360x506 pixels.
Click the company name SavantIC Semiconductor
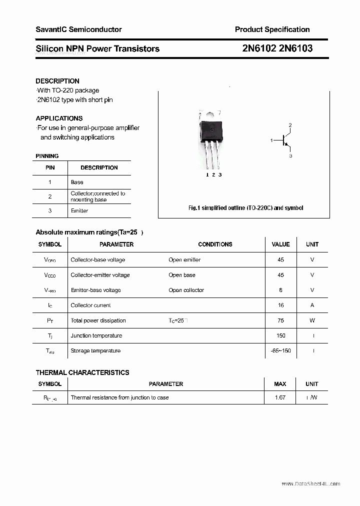(78, 29)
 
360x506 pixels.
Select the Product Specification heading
(272, 29)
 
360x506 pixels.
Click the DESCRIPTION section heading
(57, 81)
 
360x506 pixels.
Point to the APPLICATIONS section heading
(59, 118)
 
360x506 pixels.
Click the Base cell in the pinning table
(77, 182)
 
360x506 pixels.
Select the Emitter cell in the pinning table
(79, 211)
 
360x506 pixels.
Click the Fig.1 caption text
(245, 208)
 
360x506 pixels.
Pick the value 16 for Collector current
(280, 305)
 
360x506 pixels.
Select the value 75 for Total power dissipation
(280, 320)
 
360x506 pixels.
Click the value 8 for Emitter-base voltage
(280, 290)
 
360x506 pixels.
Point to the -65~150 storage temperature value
(280, 351)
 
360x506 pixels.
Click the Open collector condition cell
(186, 290)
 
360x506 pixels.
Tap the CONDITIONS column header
(215, 244)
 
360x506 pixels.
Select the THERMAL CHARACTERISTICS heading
(82, 372)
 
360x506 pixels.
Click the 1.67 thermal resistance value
(280, 398)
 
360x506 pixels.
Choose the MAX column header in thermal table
(280, 384)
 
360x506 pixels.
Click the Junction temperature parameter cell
(96, 336)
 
